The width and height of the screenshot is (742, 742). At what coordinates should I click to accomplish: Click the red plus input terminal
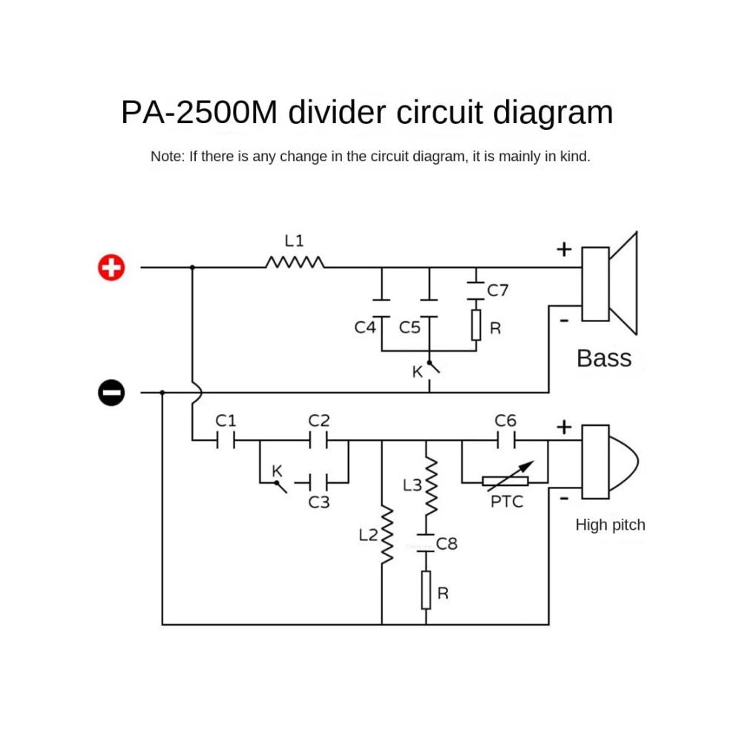click(111, 267)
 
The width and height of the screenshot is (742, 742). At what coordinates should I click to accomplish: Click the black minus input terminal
click(111, 392)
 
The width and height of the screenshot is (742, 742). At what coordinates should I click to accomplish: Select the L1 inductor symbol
click(295, 262)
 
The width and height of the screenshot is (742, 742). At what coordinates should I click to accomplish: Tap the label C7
click(498, 290)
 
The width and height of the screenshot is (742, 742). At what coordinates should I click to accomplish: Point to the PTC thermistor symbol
click(505, 481)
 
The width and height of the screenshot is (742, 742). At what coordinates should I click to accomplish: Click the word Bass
click(604, 358)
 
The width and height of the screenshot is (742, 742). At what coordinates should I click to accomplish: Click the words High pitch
click(610, 525)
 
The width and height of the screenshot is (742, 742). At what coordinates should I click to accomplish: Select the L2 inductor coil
click(386, 535)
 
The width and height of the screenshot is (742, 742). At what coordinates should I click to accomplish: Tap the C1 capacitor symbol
click(226, 441)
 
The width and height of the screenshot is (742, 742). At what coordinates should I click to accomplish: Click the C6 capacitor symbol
click(505, 441)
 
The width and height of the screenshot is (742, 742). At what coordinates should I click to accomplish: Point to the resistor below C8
click(426, 591)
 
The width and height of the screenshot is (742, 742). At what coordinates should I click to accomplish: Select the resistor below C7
click(476, 325)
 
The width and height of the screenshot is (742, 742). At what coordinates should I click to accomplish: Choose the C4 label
click(364, 327)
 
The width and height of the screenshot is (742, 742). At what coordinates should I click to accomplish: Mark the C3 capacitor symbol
click(318, 483)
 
